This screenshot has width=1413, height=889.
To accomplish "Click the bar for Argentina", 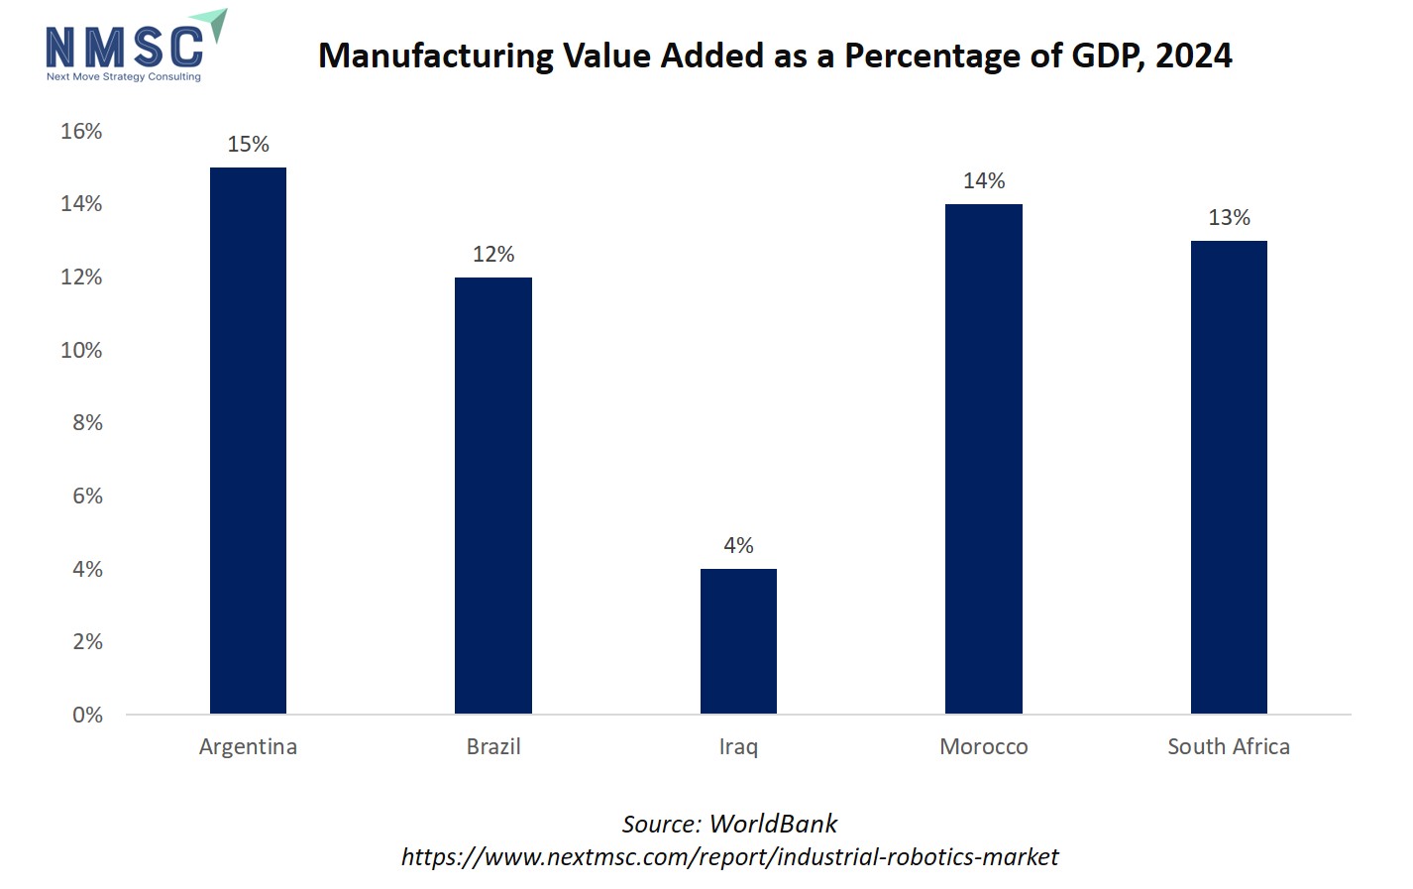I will pos(248,441).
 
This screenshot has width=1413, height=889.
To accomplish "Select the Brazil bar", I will pos(492,496).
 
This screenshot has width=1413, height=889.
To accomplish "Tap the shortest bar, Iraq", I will pos(738,641).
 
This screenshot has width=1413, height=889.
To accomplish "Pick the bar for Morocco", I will pos(983,459).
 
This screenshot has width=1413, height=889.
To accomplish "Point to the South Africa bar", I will pos(1229,477).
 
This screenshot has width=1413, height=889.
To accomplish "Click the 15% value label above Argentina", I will pos(248,145).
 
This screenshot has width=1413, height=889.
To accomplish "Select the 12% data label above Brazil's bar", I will pos(492,255).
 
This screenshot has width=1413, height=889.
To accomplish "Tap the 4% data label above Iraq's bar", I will pos(738,546).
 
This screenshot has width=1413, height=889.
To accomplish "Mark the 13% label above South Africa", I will pos(1229,218).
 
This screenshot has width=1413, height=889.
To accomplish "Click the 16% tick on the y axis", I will pos(81,132).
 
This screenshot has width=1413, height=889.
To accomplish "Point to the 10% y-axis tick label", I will pos(81,351).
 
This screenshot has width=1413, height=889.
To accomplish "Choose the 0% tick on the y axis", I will pos(87,716).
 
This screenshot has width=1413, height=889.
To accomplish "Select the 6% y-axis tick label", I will pos(87,497).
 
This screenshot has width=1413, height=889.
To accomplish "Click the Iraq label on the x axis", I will pos(738,747).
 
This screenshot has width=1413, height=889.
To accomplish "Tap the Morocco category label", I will pos(983,747).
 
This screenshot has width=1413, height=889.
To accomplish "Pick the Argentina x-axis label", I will pos(248,747).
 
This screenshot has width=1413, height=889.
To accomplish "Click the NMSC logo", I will pos(134,48).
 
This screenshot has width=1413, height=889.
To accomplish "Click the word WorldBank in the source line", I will pos(773,825).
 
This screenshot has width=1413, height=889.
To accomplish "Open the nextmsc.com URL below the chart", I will pos(729,857).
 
